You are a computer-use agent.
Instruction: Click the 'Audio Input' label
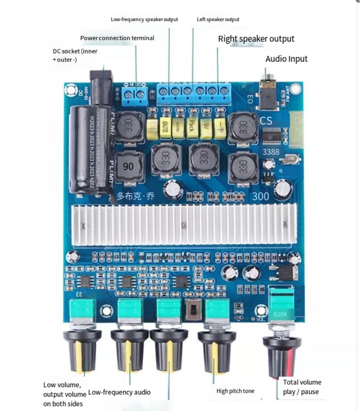point(286,59)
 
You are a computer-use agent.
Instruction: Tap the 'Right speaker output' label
point(256,39)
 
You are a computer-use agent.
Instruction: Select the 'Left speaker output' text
point(218,19)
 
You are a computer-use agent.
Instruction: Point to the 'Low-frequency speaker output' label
point(144,19)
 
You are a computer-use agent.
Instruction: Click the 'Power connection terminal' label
point(117,38)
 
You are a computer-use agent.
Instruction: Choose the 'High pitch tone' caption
point(235,391)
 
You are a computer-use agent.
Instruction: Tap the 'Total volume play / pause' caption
point(302,387)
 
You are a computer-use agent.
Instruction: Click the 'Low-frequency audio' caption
point(119,392)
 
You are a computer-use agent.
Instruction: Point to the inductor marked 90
point(128,166)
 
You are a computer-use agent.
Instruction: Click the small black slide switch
point(194,310)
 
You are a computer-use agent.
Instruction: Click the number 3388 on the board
point(271,152)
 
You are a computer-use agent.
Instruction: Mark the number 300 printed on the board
point(261,196)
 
